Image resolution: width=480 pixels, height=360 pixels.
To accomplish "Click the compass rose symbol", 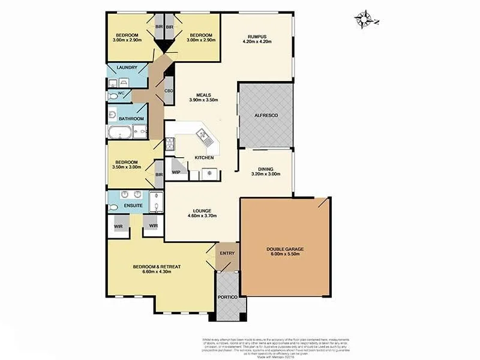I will pos(363,19).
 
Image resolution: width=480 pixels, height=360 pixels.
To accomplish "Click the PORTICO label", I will pos(229,298).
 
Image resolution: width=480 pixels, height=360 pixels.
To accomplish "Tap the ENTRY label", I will pos(228,253).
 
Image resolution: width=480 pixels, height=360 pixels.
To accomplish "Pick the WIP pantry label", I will pos(176,172).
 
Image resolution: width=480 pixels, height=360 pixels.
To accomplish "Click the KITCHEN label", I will pos(204,157).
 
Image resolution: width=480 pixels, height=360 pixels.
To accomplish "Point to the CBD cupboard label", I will pos(169,91).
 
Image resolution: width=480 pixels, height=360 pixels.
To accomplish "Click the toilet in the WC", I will pos(114,95).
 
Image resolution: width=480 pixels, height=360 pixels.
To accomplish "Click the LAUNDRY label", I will pos(127,67).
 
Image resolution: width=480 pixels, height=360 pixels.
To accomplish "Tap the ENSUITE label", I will pos(133,206).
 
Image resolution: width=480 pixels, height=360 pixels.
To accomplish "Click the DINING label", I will pos(265,169).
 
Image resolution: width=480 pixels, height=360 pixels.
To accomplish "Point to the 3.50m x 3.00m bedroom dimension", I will pos(127,167).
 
